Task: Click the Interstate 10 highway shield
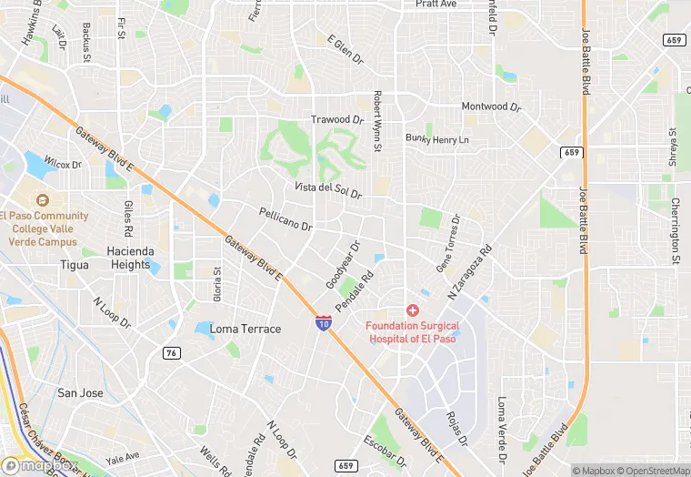pyautogui.click(x=324, y=322)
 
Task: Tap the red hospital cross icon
pyautogui.click(x=413, y=310)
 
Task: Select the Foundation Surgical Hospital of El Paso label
pyautogui.click(x=413, y=331)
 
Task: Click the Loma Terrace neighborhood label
pyautogui.click(x=245, y=329)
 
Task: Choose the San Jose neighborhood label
pyautogui.click(x=80, y=392)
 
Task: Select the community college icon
pyautogui.click(x=40, y=200)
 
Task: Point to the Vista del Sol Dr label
pyautogui.click(x=327, y=191)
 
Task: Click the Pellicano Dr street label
pyautogui.click(x=285, y=219)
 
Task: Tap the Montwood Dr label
pyautogui.click(x=491, y=107)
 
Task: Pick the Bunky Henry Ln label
pyautogui.click(x=437, y=139)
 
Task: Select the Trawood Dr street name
pyautogui.click(x=337, y=119)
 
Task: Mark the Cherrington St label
pyautogui.click(x=676, y=231)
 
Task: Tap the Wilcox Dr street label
pyautogui.click(x=63, y=165)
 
